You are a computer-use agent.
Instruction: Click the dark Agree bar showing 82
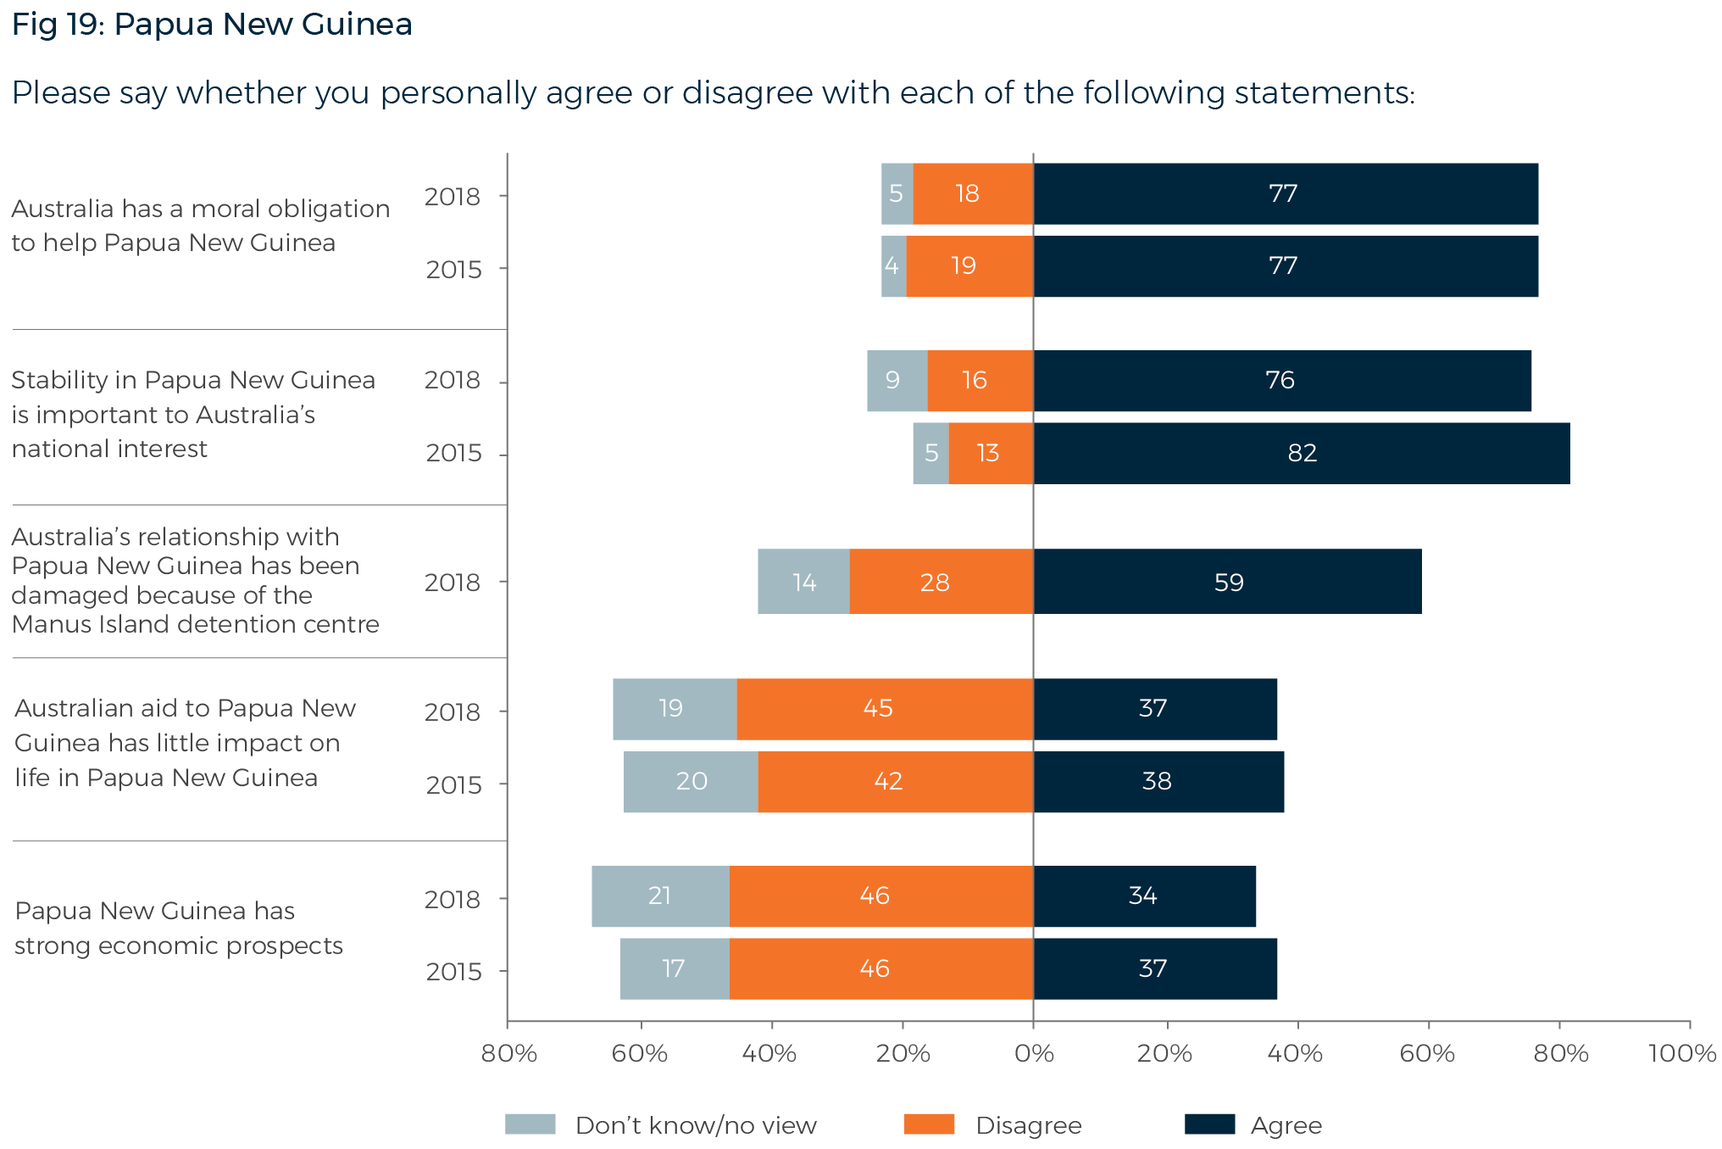[1301, 453]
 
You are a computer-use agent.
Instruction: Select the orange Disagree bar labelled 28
[941, 582]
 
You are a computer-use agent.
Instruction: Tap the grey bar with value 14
[803, 582]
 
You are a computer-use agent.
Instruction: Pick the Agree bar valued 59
[1227, 582]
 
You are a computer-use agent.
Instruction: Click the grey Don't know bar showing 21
[659, 896]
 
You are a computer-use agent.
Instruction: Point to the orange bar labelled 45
[884, 709]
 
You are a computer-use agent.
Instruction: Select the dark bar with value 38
[1158, 782]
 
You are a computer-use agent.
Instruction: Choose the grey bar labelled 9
[896, 381]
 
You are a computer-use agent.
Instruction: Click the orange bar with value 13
[990, 453]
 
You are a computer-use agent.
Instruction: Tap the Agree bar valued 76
[1281, 381]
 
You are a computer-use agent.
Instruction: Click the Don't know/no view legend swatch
[530, 1124]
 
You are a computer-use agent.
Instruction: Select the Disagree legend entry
[1028, 1125]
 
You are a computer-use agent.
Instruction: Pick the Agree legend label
[1286, 1125]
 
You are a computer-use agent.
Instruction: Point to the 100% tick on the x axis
[1683, 1053]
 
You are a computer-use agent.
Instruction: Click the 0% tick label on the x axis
[1034, 1053]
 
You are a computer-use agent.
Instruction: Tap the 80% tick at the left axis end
[508, 1053]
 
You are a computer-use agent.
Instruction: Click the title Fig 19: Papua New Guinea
[212, 24]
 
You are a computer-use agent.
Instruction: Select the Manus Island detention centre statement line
[195, 624]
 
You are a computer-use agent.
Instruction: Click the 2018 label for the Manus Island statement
[452, 583]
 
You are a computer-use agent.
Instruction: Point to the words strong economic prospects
[178, 945]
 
